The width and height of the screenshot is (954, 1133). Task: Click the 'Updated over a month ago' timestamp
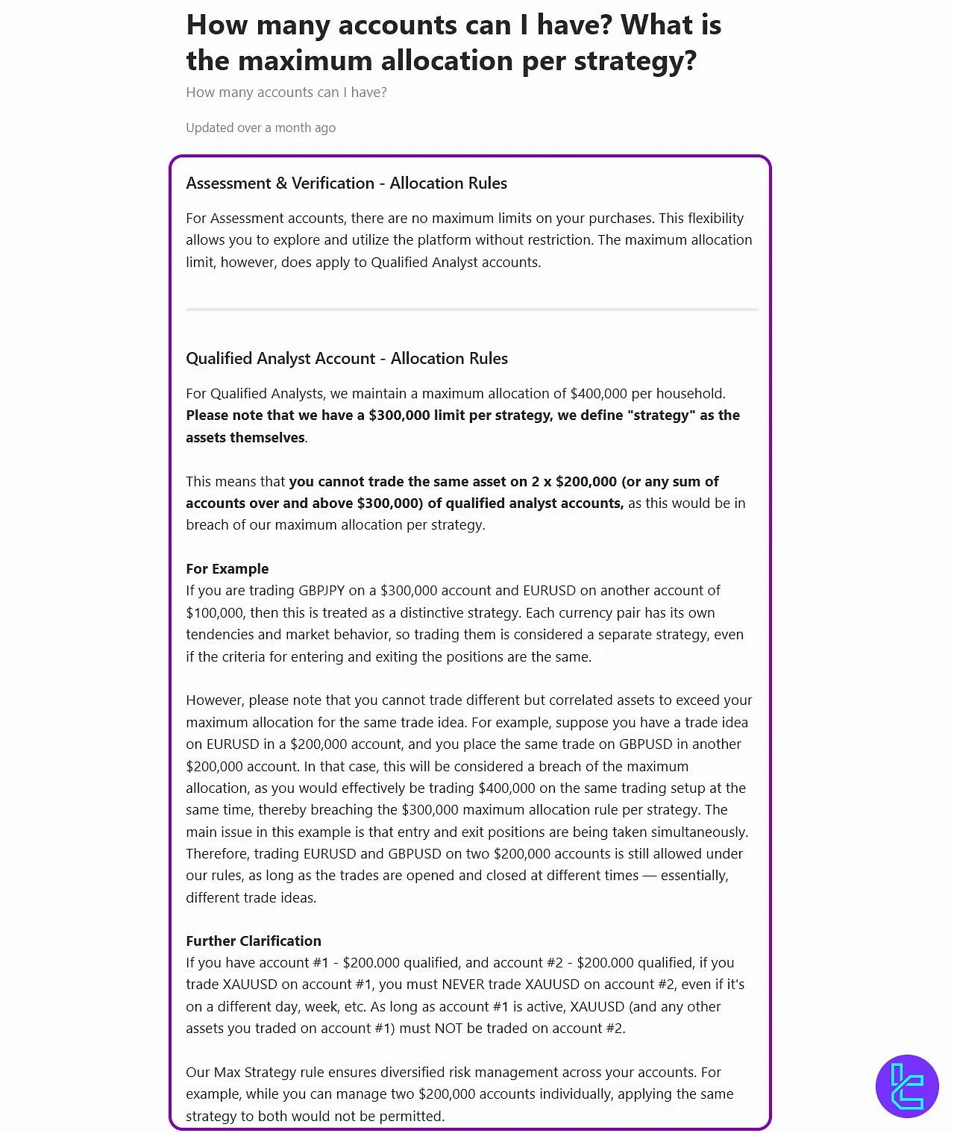(260, 128)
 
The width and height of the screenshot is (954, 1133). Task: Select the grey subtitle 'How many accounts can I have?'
(286, 92)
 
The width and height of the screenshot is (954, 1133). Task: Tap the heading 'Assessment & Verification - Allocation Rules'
(346, 183)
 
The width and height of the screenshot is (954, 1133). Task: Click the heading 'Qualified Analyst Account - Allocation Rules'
(346, 359)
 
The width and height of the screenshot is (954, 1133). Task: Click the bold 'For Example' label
(227, 569)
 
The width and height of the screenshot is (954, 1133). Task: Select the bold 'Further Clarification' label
(253, 941)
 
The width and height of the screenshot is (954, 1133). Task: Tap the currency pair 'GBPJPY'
(321, 591)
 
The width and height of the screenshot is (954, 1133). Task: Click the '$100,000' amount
(214, 613)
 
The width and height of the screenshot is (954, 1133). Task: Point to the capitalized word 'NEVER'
(464, 985)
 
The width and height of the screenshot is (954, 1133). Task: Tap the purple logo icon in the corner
(907, 1086)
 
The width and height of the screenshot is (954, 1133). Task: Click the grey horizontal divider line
(471, 309)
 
